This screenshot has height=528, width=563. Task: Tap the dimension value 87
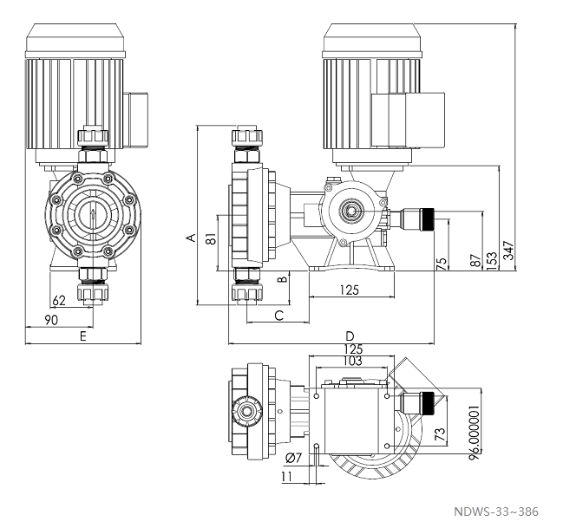(474, 260)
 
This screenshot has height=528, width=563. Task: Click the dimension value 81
(211, 240)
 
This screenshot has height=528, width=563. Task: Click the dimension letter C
(279, 315)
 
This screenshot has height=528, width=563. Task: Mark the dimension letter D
(350, 335)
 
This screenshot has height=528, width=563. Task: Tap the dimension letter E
(83, 335)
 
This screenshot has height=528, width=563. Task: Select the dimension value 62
(59, 301)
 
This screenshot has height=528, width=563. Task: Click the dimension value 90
(52, 320)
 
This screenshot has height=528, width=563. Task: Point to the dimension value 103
(351, 360)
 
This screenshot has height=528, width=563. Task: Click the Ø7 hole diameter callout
(292, 457)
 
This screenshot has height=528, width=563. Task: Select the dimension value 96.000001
(474, 433)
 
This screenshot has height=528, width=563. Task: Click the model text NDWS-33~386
(495, 512)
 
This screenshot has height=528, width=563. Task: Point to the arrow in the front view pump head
(94, 214)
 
